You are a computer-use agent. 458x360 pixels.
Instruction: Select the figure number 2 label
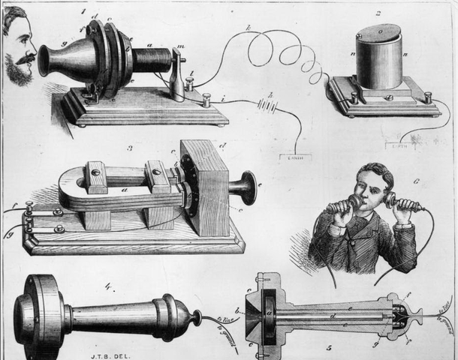click(378, 13)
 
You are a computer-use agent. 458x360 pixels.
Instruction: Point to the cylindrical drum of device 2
click(378, 57)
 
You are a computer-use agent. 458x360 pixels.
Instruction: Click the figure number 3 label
click(129, 148)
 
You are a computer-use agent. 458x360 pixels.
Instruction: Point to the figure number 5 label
click(327, 348)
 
